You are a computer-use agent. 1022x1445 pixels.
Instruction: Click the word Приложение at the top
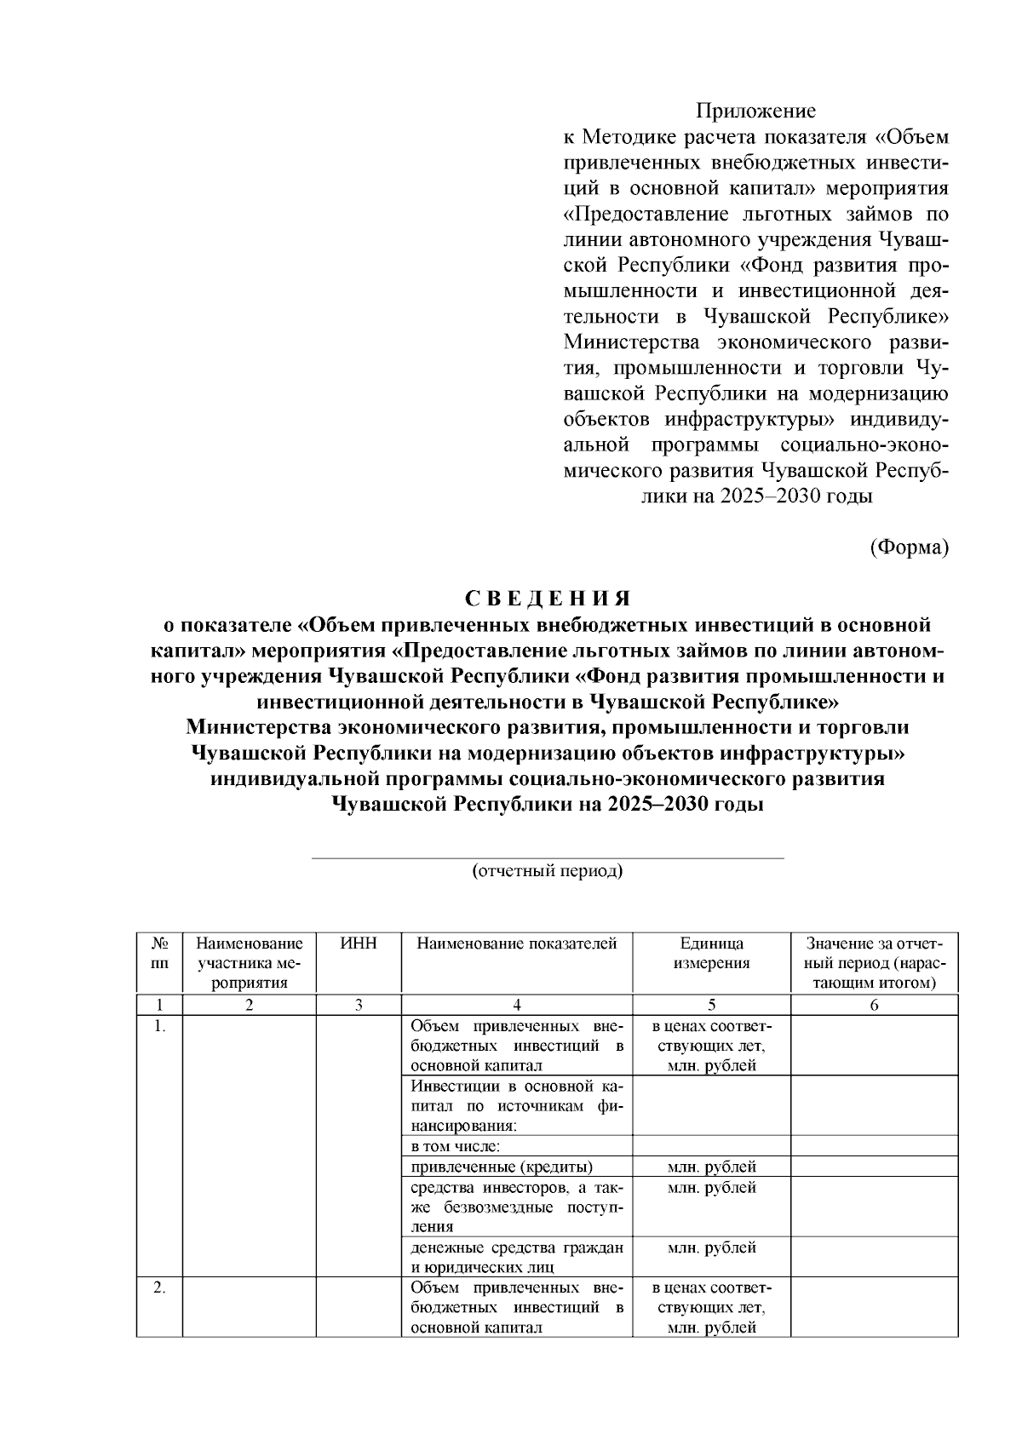point(755,111)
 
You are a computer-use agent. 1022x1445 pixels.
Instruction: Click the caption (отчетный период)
point(548,871)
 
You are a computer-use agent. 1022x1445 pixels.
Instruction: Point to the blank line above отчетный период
point(548,858)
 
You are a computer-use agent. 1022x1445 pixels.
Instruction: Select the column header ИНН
point(359,943)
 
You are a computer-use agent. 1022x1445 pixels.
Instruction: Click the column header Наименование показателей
point(516,943)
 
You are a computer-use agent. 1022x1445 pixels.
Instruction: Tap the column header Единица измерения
point(711,954)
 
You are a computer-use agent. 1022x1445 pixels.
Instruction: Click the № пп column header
point(159,954)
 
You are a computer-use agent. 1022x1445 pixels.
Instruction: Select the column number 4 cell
point(516,1005)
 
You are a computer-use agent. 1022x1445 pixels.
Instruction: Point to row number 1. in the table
point(159,1027)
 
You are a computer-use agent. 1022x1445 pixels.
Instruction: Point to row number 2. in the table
point(159,1287)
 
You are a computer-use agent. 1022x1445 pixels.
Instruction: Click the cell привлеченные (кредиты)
point(502,1167)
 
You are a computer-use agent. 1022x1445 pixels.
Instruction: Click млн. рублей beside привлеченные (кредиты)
point(711,1167)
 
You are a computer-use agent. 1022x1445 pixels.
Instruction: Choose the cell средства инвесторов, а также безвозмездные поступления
point(516,1207)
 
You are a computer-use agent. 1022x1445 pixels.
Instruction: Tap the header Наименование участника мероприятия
point(249,963)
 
